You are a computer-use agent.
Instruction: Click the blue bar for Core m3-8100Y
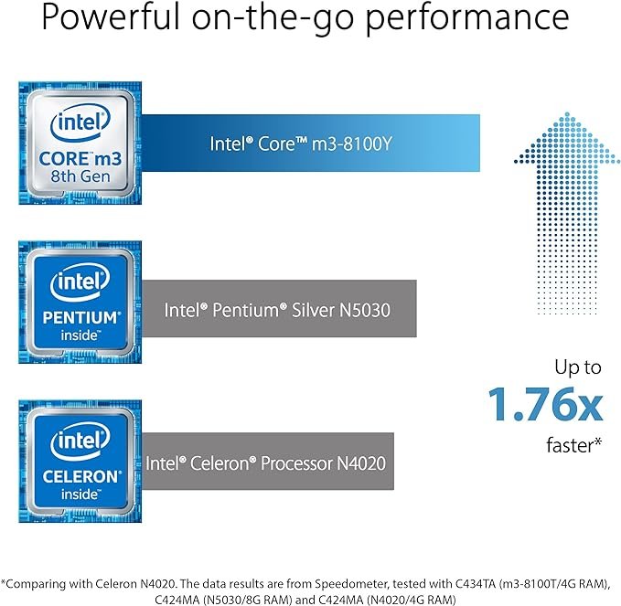click(311, 142)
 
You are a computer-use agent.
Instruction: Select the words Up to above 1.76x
click(578, 367)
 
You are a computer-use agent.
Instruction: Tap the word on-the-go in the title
click(292, 18)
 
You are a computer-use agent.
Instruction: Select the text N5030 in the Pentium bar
click(366, 310)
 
